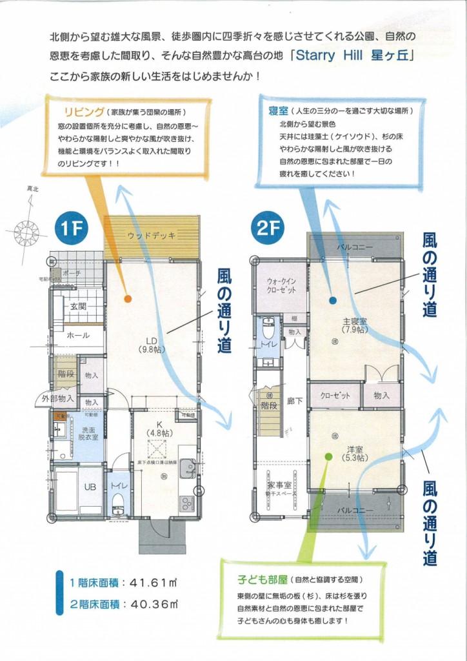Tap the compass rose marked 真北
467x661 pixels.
coord(27,230)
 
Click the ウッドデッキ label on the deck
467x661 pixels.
coord(151,236)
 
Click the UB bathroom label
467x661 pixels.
coord(90,487)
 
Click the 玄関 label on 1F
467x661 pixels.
coord(78,307)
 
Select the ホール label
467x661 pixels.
coord(78,336)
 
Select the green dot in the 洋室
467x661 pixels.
coord(328,456)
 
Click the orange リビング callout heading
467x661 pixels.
coord(81,110)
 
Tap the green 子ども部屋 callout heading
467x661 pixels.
coord(258,578)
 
